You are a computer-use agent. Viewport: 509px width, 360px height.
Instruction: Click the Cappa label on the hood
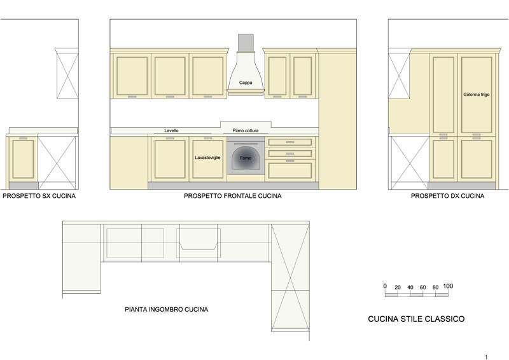pos(246,83)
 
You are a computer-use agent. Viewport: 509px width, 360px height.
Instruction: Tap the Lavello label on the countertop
pos(171,130)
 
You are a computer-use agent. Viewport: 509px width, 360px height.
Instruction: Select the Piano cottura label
pos(246,130)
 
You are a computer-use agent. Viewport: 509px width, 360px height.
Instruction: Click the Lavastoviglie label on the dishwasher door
pos(207,158)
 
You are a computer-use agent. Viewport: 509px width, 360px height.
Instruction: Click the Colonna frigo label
pos(476,95)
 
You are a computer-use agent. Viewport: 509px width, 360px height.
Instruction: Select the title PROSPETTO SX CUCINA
pos(39,196)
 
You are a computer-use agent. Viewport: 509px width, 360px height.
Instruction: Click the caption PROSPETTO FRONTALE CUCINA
pos(233,196)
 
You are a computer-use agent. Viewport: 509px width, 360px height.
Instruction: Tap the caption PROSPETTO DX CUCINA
pos(448,196)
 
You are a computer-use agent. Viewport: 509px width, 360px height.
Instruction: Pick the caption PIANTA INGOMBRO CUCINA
pos(167,309)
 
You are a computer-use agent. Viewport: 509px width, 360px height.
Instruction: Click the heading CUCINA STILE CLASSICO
pos(416,319)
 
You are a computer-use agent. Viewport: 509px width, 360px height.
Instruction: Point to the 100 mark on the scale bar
pos(448,286)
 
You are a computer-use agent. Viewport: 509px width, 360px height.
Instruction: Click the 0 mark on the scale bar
pos(385,286)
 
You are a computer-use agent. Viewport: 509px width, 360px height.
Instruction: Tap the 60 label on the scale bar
pos(422,287)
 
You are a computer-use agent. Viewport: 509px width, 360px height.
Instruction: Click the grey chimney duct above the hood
pos(246,43)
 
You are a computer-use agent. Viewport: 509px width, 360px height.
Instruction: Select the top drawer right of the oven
pos(290,142)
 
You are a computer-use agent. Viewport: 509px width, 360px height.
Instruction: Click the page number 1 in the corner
pos(486,357)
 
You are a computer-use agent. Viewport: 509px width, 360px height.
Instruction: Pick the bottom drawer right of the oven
pos(290,170)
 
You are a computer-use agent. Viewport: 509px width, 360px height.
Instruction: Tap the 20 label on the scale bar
pos(398,287)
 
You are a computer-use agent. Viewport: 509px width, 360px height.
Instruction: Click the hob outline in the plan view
pos(199,239)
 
